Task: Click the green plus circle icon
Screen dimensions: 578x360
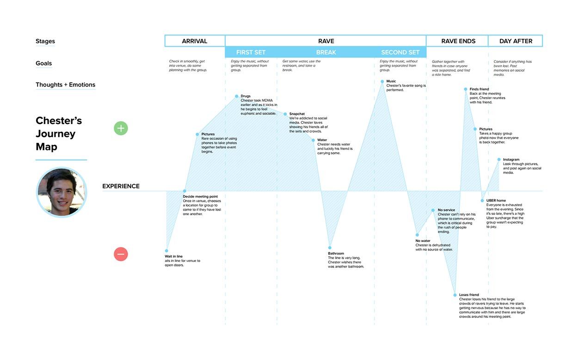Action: tap(121, 128)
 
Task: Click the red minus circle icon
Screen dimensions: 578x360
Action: tap(121, 254)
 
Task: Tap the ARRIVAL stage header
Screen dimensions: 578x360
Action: tap(195, 41)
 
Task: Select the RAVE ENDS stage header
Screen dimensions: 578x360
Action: tap(458, 41)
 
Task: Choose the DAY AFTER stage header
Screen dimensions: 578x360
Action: tap(516, 41)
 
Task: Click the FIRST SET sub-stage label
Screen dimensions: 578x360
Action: tap(251, 52)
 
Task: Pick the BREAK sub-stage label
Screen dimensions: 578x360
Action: tap(326, 52)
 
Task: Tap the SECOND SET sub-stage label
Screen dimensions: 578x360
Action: tap(400, 52)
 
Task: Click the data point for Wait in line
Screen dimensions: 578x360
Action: tap(166, 251)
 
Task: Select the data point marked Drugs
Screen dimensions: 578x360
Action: tap(237, 96)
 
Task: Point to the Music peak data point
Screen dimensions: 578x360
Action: tap(382, 81)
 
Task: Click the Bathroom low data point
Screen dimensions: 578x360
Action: tap(330, 248)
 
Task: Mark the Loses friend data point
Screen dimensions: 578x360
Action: tap(455, 295)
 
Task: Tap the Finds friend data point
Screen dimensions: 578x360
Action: tap(466, 89)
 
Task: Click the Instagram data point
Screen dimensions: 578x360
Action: tap(499, 159)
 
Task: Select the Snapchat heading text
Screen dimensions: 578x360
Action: tap(297, 114)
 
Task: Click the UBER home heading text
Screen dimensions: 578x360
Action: tap(496, 200)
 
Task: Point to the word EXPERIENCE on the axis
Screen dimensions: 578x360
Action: tap(121, 186)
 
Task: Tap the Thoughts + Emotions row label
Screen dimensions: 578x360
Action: tap(66, 85)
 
